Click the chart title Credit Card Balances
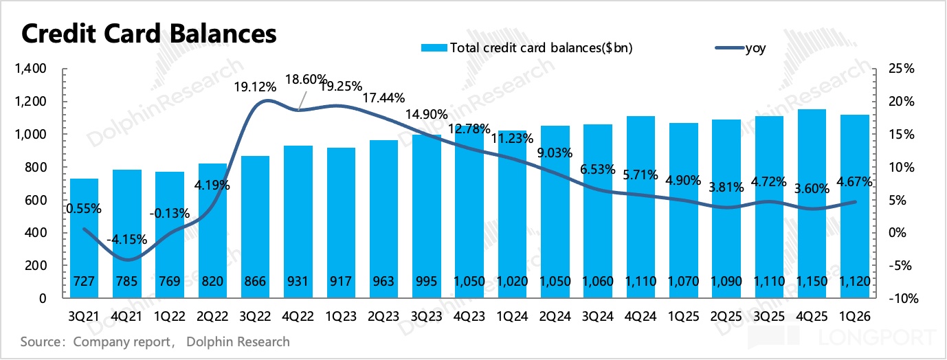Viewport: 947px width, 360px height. click(149, 34)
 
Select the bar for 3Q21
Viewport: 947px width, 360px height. click(84, 238)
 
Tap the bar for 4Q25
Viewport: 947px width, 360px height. click(812, 203)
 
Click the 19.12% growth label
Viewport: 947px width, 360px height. click(256, 87)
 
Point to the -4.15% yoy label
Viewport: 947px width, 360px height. click(127, 240)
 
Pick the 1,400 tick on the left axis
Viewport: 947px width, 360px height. click(31, 69)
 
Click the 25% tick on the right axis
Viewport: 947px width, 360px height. click(902, 69)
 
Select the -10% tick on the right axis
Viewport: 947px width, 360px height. click(904, 298)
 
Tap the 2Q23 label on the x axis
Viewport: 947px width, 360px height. click(383, 316)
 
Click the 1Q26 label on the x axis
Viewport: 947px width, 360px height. click(854, 316)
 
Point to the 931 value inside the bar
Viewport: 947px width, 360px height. click(298, 281)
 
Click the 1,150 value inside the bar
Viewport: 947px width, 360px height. click(812, 281)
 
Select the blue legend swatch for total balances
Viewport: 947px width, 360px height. click(434, 47)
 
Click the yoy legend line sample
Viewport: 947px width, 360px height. click(730, 47)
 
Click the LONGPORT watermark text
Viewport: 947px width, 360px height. click(877, 337)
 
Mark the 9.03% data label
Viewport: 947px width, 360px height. click(555, 153)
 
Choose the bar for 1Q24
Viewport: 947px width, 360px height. click(513, 214)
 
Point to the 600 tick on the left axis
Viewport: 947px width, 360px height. click(36, 200)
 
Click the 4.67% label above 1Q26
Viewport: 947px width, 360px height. click(854, 181)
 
